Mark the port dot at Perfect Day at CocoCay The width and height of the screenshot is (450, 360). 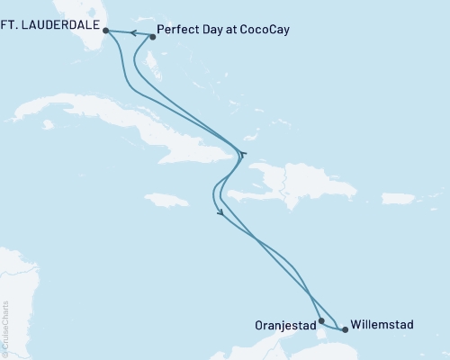pos(152,37)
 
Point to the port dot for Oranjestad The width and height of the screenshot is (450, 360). pos(321,319)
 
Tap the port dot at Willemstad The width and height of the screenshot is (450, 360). pos(345,329)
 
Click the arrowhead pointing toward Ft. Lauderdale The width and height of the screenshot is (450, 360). pos(130,33)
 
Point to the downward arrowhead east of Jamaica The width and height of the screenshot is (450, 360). pos(220,213)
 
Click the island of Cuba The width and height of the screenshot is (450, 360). pos(135,121)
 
